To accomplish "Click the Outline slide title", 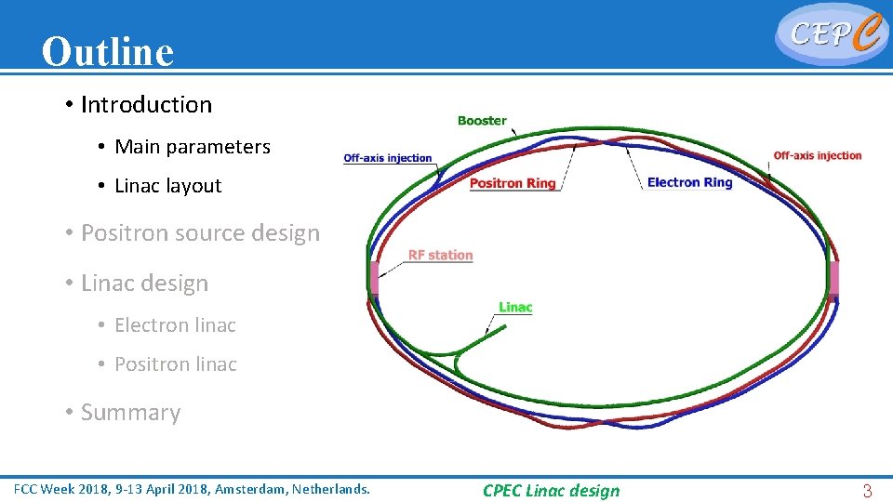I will [x=108, y=52].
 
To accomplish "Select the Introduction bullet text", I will [x=146, y=105].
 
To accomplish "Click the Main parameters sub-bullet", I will [x=192, y=147].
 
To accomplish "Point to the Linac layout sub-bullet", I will [x=167, y=186].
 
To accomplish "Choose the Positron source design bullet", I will [x=200, y=233].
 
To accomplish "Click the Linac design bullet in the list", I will [x=144, y=284].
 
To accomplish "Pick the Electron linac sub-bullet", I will [x=175, y=325].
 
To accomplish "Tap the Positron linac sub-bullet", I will [x=175, y=364].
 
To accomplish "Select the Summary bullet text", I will [x=130, y=413].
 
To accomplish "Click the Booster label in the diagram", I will [x=482, y=121].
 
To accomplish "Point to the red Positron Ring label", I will [x=513, y=183].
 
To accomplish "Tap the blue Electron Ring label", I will [x=689, y=182].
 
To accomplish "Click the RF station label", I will [x=440, y=256].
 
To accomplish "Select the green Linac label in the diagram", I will [x=515, y=308].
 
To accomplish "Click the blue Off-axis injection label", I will [x=388, y=158].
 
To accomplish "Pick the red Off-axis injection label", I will [x=818, y=156].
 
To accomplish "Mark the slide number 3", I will [x=867, y=491].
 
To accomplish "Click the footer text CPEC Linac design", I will [x=551, y=491].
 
